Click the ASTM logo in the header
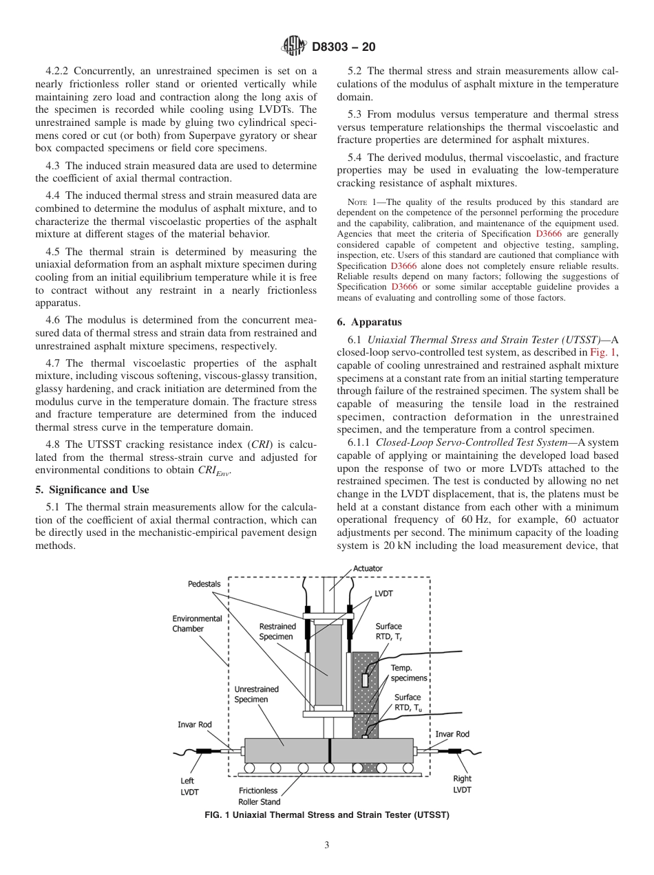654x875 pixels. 294,47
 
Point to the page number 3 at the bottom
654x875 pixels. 327,845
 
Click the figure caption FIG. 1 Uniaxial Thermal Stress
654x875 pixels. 327,815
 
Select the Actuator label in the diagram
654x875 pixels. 368,568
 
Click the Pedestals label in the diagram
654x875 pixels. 204,584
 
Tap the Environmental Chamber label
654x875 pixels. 197,623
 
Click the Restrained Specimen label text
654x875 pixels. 277,631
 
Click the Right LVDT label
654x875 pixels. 462,784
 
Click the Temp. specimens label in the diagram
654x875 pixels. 409,673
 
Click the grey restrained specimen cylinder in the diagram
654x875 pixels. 328,664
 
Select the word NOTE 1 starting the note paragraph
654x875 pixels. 362,202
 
